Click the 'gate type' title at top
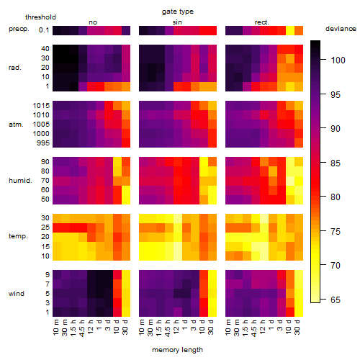pyautogui.click(x=178, y=12)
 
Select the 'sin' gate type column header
pyautogui.click(x=177, y=22)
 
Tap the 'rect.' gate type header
pyautogui.click(x=261, y=22)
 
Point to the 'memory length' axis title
pyautogui.click(x=177, y=350)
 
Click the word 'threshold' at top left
pyautogui.click(x=40, y=17)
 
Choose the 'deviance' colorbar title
pyautogui.click(x=341, y=29)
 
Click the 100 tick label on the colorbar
pyautogui.click(x=338, y=60)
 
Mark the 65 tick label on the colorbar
pyautogui.click(x=336, y=300)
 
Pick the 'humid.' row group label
pyautogui.click(x=20, y=181)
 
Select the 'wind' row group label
pyautogui.click(x=17, y=294)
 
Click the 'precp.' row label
pyautogui.click(x=19, y=30)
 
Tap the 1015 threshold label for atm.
pyautogui.click(x=41, y=106)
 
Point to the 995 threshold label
pyautogui.click(x=43, y=143)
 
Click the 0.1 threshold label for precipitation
pyautogui.click(x=44, y=30)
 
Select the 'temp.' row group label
pyautogui.click(x=18, y=236)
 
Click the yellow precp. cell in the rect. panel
pyautogui.click(x=290, y=30)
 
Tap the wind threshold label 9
pyautogui.click(x=48, y=275)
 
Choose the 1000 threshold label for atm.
pyautogui.click(x=41, y=134)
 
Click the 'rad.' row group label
pyautogui.click(x=15, y=68)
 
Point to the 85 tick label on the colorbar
pyautogui.click(x=336, y=163)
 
